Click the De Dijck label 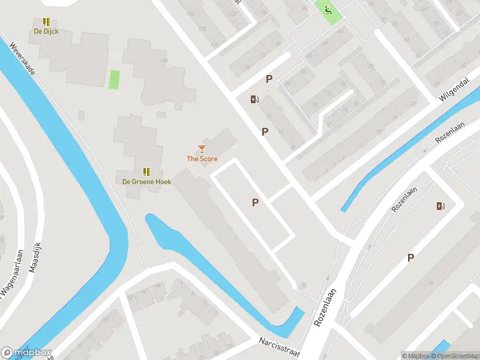pyautogui.click(x=46, y=31)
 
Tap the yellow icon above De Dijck pyautogui.click(x=46, y=22)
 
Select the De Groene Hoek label pyautogui.click(x=147, y=181)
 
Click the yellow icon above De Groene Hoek pyautogui.click(x=147, y=172)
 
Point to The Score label pyautogui.click(x=202, y=159)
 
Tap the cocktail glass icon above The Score pyautogui.click(x=202, y=148)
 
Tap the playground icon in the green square pyautogui.click(x=327, y=10)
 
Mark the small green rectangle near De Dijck pyautogui.click(x=114, y=79)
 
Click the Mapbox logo pyautogui.click(x=26, y=353)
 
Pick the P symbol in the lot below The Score pyautogui.click(x=255, y=203)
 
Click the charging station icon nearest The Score pyautogui.click(x=254, y=100)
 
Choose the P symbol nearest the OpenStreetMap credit pyautogui.click(x=411, y=257)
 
